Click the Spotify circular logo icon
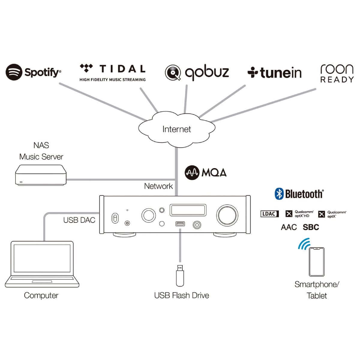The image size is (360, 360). point(14,72)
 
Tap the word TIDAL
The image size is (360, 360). point(122,69)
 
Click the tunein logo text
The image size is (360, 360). point(280,73)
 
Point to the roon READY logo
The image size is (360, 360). point(337,73)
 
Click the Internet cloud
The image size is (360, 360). point(177,129)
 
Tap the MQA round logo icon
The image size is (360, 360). point(192,172)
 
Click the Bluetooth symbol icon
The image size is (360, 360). point(279,194)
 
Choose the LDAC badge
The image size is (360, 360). point(269,214)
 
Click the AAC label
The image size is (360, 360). point(289,227)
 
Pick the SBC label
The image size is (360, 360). point(311,227)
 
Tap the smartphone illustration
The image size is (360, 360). point(317,262)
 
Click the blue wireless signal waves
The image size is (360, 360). point(304,244)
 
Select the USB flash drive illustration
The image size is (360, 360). point(180,275)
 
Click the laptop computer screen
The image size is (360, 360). point(42,258)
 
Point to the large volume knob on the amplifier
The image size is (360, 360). point(227,215)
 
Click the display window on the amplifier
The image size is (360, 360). point(188,210)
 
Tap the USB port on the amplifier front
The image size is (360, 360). point(180,224)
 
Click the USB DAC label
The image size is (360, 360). point(79,220)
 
